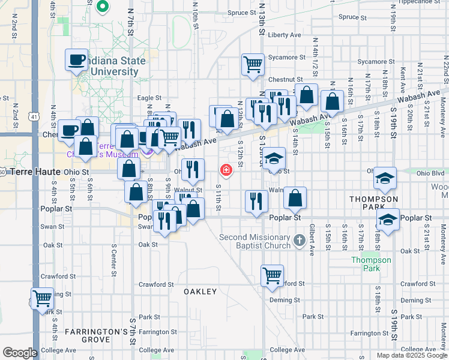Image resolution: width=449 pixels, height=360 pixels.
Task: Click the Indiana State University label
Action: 114,66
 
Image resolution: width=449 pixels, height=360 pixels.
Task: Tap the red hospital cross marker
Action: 226,171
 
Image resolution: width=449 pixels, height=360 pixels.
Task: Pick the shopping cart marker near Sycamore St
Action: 253,64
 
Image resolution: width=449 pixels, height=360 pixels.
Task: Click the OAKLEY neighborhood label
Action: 200,292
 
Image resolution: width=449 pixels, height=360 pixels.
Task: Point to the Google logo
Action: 20,353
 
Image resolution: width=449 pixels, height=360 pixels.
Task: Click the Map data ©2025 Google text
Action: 412,355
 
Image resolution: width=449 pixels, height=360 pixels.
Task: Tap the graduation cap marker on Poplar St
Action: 388,220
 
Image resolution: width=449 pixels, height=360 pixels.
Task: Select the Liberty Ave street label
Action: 285,35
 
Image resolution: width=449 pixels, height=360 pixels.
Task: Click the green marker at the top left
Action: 102,7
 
